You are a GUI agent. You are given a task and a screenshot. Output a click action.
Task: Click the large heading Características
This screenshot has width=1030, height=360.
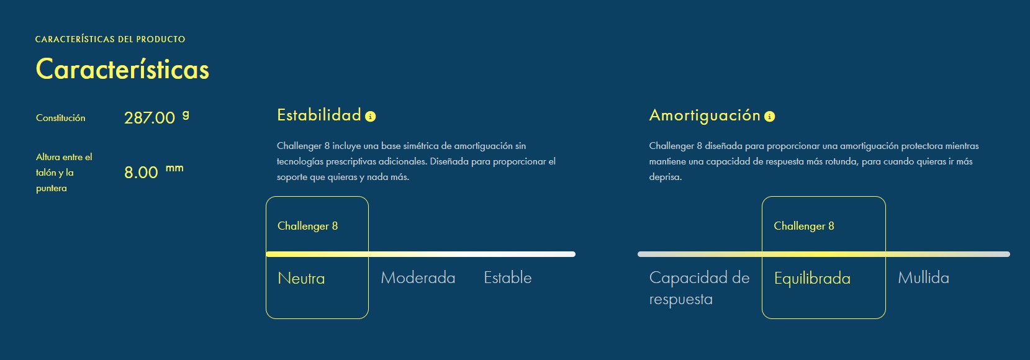click(x=122, y=70)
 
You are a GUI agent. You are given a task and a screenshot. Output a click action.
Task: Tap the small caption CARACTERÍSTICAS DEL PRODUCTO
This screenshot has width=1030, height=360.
click(x=111, y=39)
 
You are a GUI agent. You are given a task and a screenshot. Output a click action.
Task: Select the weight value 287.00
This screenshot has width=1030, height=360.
click(x=150, y=118)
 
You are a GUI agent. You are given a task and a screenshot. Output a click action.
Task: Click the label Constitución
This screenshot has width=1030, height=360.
click(x=61, y=118)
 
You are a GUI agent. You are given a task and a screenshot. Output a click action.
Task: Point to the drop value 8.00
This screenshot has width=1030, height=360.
click(x=141, y=173)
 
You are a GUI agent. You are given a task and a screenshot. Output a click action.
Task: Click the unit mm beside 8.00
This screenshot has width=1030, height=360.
click(x=174, y=168)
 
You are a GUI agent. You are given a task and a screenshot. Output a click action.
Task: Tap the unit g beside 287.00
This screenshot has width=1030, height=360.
click(x=185, y=114)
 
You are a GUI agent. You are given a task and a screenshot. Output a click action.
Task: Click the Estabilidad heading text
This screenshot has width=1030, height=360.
click(x=319, y=115)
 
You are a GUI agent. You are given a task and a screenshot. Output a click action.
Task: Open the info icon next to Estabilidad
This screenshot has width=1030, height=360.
click(x=370, y=116)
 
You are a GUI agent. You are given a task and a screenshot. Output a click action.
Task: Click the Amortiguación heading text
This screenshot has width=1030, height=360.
click(x=705, y=115)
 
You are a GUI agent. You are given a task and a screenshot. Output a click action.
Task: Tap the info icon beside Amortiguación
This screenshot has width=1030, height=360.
click(x=769, y=116)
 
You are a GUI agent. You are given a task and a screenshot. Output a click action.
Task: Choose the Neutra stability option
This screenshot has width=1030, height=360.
click(x=301, y=278)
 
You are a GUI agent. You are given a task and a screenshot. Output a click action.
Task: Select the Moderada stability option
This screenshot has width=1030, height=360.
click(x=418, y=277)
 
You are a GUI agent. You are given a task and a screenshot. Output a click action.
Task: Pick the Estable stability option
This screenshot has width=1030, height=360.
click(x=508, y=277)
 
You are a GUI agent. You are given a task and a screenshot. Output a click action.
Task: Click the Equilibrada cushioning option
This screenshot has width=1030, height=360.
click(x=812, y=279)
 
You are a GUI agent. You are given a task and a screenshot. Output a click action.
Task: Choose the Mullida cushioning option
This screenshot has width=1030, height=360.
click(x=923, y=277)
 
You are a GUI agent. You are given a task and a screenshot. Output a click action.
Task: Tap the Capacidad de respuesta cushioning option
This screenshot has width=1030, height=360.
click(x=699, y=288)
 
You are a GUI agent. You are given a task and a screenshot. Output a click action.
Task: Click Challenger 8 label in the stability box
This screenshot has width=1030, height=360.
click(x=307, y=226)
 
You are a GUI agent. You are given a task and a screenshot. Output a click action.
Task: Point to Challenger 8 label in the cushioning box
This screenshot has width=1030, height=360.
click(x=804, y=226)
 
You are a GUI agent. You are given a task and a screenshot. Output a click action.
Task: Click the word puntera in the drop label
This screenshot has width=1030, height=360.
click(x=52, y=189)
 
